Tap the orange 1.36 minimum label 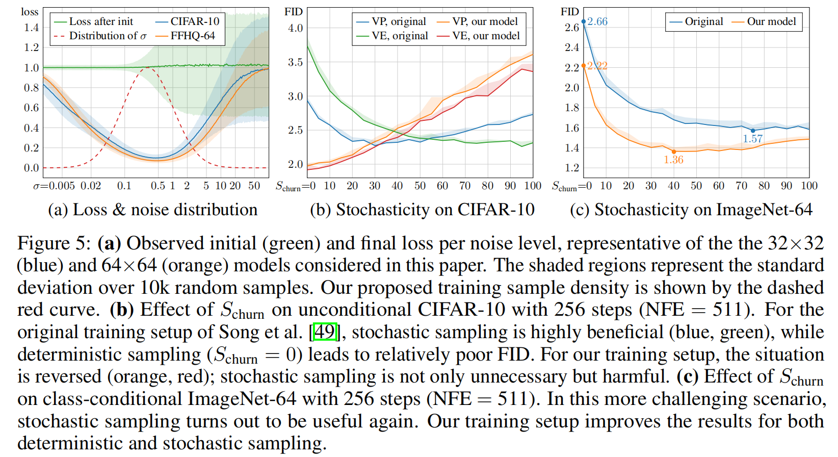673,160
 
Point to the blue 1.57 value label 752,139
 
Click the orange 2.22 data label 597,66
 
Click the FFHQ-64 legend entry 192,36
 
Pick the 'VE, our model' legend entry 485,36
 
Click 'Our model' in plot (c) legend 771,21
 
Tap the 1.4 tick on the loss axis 32,28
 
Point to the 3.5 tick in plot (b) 295,62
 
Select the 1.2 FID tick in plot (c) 571,168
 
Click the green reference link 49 325,332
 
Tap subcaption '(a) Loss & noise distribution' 152,210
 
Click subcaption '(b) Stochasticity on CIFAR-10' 422,210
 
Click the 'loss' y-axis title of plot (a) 30,12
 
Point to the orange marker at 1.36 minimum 674,151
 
